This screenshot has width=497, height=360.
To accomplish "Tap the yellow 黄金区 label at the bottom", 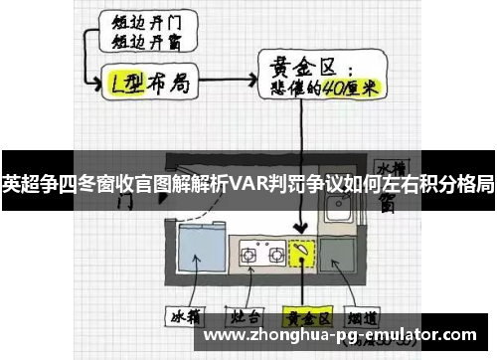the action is click(307, 318).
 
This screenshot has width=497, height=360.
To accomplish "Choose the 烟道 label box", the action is click(367, 318).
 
